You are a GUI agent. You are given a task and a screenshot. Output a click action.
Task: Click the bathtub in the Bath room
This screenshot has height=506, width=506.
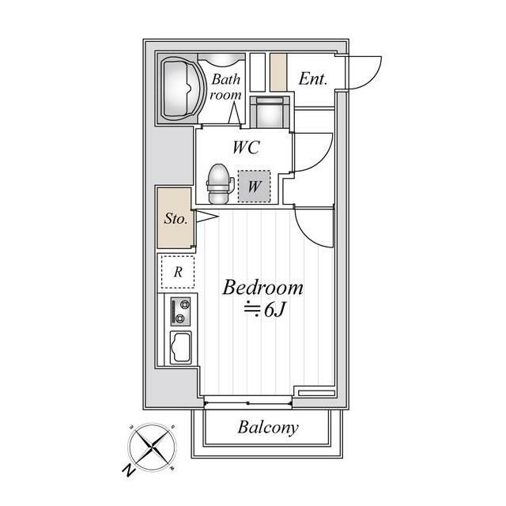[x=183, y=89]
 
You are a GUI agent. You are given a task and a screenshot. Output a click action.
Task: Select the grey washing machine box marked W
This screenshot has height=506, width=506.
[x=254, y=187]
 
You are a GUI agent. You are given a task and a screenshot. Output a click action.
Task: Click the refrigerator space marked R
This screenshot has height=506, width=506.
[x=178, y=272]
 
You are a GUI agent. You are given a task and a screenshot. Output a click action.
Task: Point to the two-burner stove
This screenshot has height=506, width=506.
[x=180, y=312]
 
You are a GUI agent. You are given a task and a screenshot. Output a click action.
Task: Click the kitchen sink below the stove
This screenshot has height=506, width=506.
[x=181, y=348]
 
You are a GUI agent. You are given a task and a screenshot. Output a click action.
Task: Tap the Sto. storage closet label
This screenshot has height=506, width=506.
[x=176, y=218]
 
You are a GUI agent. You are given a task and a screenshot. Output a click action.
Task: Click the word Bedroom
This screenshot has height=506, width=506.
[x=262, y=287]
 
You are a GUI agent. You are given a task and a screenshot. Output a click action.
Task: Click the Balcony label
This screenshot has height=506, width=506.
[x=268, y=428]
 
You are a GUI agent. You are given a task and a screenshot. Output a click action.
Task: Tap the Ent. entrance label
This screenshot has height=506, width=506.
[x=313, y=79]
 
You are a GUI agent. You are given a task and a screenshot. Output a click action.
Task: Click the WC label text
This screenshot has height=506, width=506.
[x=246, y=147]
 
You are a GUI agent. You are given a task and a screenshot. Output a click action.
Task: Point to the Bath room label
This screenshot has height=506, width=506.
[x=225, y=87]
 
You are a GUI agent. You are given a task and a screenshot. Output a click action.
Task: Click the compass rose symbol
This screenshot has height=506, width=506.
[x=153, y=447]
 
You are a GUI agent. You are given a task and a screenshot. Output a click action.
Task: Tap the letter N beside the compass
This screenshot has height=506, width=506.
[x=128, y=470]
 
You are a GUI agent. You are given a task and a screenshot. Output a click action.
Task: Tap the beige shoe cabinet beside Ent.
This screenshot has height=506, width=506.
[x=278, y=72]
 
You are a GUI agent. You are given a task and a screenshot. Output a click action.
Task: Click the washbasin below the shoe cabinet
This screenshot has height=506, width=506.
[x=270, y=112]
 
